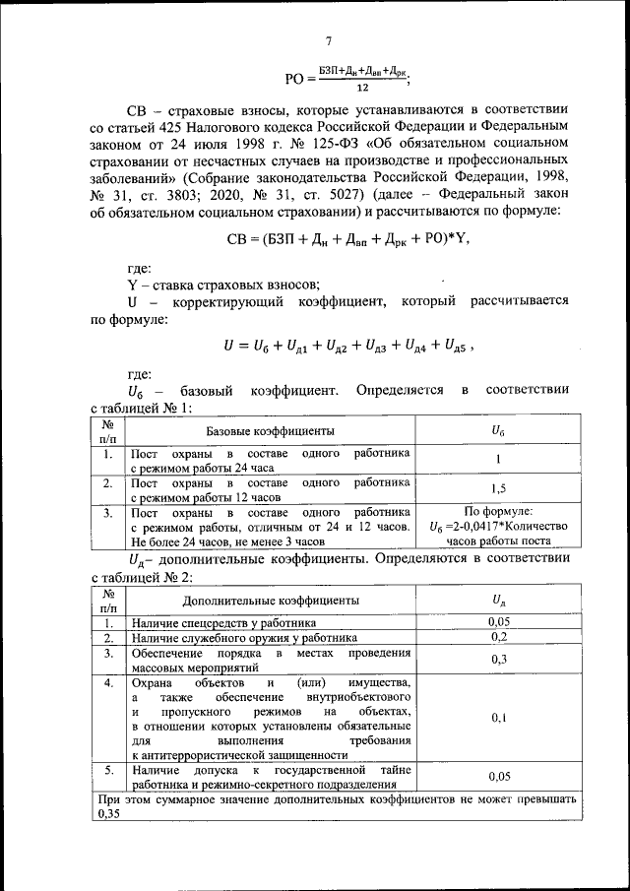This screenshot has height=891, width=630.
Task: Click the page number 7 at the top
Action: point(329,40)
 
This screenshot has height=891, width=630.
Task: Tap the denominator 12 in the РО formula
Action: point(362,86)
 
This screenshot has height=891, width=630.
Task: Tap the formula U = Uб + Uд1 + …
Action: point(344,345)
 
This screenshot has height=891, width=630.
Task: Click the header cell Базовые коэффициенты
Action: point(269,431)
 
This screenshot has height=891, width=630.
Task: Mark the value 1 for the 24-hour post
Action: point(498,460)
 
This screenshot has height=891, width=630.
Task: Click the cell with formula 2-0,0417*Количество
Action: point(498,527)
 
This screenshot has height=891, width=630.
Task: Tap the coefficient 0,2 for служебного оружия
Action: point(498,637)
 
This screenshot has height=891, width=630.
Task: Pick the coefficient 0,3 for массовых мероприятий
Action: point(498,659)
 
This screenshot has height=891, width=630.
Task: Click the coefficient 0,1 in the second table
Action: point(498,718)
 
